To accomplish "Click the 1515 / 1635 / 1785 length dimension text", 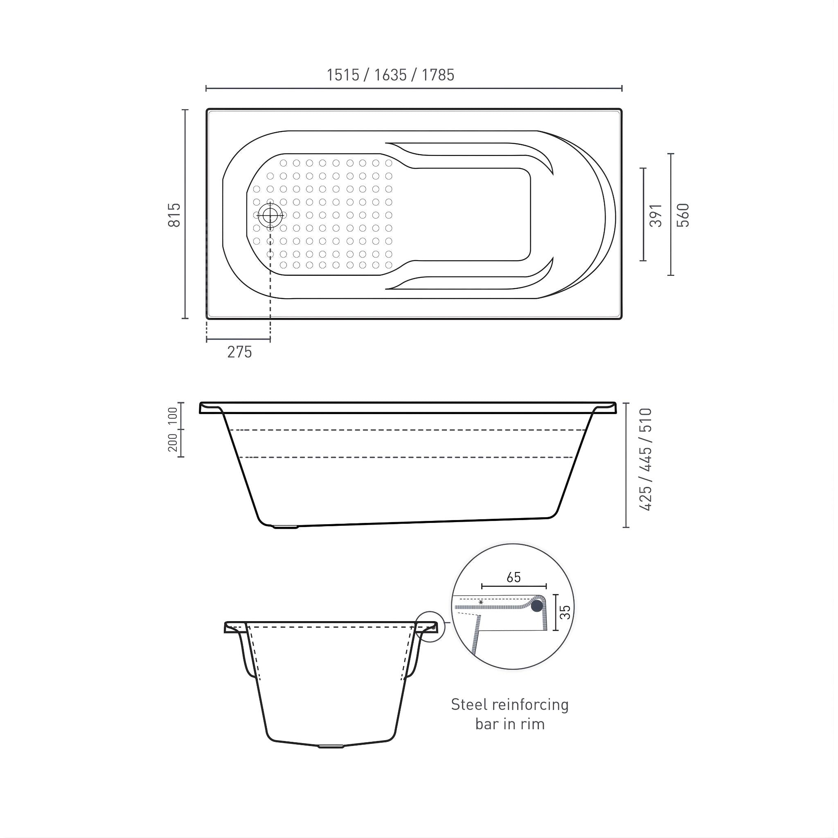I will point(390,75).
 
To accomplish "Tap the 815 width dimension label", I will point(174,215).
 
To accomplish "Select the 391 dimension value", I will point(656,215).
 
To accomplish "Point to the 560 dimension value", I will point(683,215).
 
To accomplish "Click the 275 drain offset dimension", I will point(239,352).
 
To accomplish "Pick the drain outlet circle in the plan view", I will point(270,215).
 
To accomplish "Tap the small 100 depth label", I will point(173,416).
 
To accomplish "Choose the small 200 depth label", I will point(173,443).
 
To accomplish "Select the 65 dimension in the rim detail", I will point(514,577).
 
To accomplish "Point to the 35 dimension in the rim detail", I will point(566,612).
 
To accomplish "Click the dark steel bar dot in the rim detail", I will point(537,606).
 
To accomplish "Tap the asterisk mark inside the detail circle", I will point(481,602).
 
